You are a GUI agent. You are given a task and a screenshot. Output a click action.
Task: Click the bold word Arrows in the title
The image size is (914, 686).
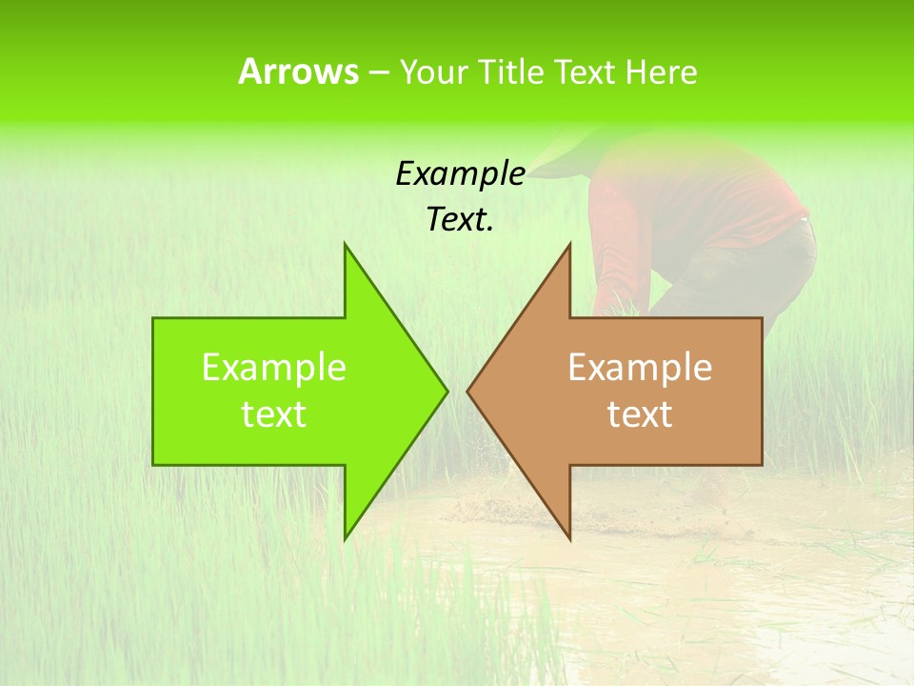click(x=298, y=71)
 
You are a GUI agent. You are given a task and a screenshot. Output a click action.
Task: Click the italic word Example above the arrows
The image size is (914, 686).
click(x=460, y=174)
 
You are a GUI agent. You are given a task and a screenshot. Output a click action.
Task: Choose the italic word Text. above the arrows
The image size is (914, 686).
click(x=460, y=220)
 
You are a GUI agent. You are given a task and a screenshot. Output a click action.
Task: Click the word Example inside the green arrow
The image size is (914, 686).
click(x=274, y=367)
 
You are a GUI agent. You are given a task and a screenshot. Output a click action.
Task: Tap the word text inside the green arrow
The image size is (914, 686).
click(x=274, y=414)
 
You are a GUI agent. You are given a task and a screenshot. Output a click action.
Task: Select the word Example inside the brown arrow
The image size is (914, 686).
click(x=640, y=367)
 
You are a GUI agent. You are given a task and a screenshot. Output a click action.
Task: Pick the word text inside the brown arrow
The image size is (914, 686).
click(x=640, y=414)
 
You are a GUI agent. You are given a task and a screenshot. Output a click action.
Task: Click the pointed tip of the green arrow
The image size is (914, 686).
click(x=446, y=390)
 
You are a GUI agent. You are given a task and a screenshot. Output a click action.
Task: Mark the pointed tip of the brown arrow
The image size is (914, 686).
click(x=468, y=390)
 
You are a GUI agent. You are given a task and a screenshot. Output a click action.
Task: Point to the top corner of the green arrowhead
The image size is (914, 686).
click(x=346, y=246)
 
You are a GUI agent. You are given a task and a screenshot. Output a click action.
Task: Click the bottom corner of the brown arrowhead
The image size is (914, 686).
click(x=569, y=538)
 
